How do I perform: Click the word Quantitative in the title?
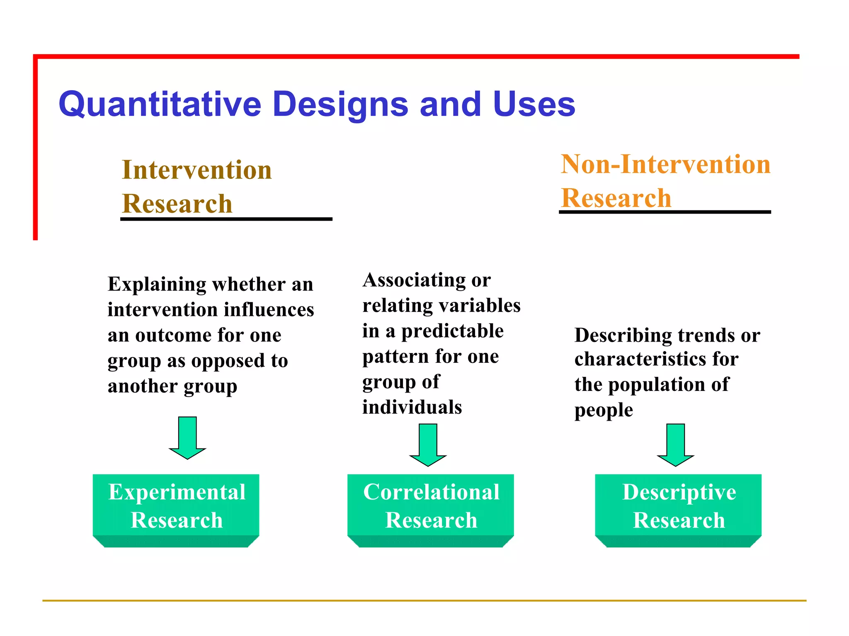pos(160,104)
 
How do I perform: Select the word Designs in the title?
pos(340,104)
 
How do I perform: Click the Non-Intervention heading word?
pos(665,164)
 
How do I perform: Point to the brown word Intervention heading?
pos(197,170)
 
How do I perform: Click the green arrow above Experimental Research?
pos(187,438)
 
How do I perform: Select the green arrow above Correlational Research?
pos(428,445)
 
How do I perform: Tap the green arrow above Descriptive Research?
pos(675,445)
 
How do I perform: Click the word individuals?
pos(412,407)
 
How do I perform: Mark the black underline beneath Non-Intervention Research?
pos(665,212)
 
